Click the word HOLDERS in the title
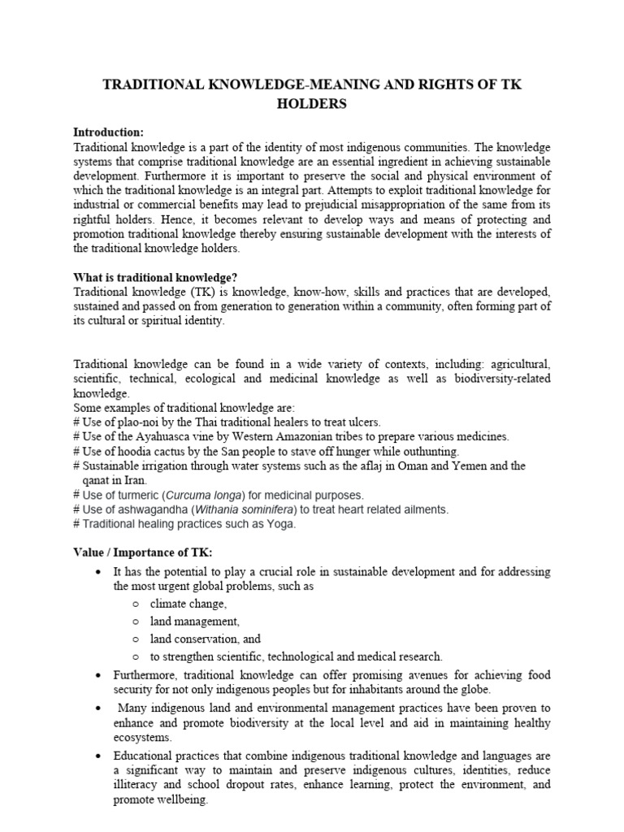pos(312,104)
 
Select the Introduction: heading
pos(108,132)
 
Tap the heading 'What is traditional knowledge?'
pos(155,276)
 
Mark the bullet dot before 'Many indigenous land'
pos(97,708)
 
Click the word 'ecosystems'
pos(142,738)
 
